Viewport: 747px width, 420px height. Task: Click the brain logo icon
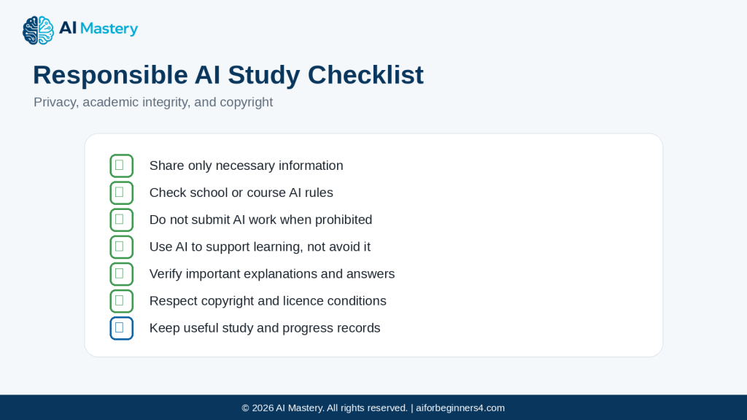click(38, 30)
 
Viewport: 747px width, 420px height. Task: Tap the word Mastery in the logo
click(109, 29)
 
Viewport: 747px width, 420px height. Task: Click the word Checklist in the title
click(365, 75)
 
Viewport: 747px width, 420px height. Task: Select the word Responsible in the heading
click(110, 75)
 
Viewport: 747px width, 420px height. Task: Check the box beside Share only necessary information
click(122, 166)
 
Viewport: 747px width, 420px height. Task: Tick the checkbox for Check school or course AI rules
click(122, 192)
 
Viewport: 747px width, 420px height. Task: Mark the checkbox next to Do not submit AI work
click(122, 220)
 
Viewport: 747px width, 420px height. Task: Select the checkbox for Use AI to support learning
click(122, 247)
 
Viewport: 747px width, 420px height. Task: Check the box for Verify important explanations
click(122, 274)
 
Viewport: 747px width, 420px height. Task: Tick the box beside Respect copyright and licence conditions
click(122, 301)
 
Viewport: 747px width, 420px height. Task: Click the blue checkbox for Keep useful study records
click(122, 329)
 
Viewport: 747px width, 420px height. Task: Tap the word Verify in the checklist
click(166, 274)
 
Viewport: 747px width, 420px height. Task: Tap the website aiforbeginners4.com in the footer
click(460, 408)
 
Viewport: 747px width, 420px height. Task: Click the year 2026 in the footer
click(263, 408)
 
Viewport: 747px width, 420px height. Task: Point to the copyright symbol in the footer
click(245, 408)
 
